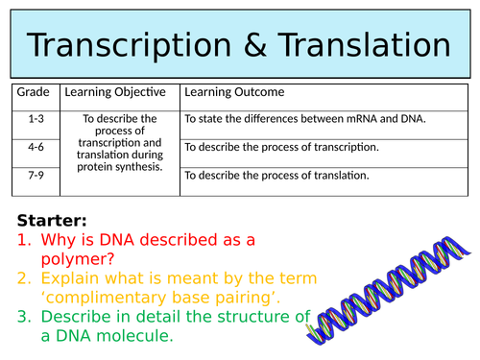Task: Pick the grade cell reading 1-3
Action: click(x=36, y=118)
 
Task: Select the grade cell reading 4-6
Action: click(x=36, y=147)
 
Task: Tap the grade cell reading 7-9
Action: click(x=36, y=175)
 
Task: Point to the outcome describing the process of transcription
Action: click(x=281, y=147)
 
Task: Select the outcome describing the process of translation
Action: click(x=276, y=176)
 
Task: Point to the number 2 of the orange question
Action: click(x=23, y=278)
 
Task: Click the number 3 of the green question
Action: click(x=23, y=318)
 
